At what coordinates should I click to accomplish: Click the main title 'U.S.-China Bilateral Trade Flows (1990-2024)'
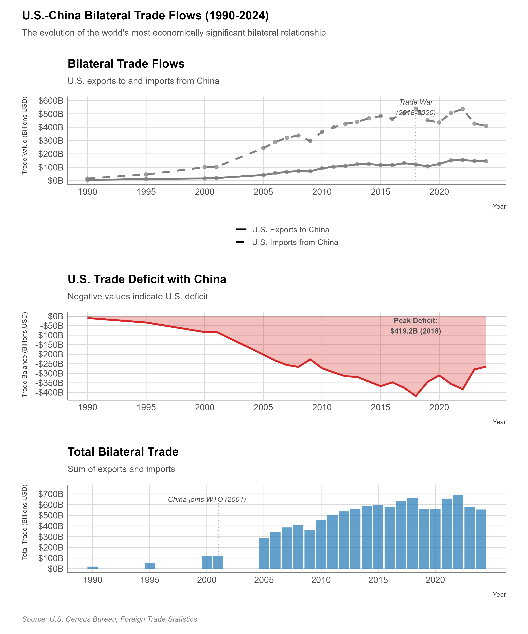click(x=145, y=16)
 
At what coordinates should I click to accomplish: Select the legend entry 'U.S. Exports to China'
click(x=290, y=230)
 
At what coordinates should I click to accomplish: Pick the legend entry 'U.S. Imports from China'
click(x=295, y=243)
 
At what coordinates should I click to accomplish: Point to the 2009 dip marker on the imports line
click(x=310, y=141)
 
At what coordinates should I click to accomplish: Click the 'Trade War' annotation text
click(x=416, y=102)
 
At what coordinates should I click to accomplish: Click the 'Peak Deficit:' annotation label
click(x=416, y=321)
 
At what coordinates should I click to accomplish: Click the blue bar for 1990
click(x=93, y=568)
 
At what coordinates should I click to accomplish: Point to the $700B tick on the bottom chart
click(x=51, y=494)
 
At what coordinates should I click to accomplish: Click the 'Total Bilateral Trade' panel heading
click(x=123, y=452)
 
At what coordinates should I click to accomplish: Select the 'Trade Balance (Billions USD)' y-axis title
click(x=25, y=355)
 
